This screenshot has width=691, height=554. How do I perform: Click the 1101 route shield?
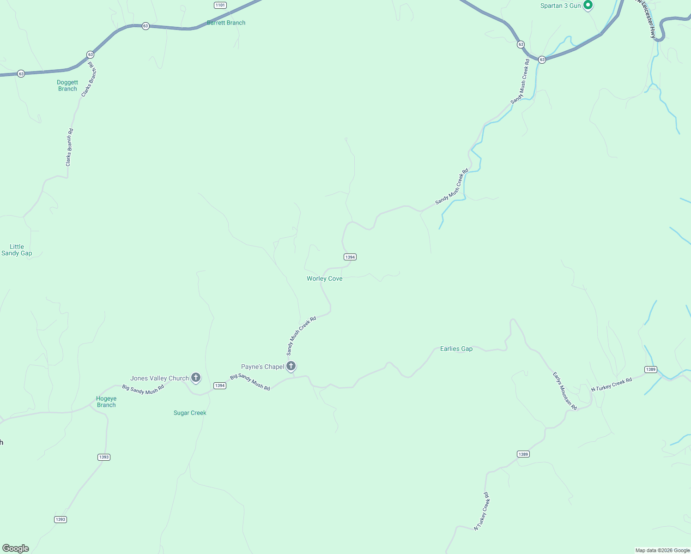[x=220, y=5]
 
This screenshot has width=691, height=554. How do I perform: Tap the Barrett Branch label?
[x=226, y=23]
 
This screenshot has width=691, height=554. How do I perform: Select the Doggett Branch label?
[x=67, y=85]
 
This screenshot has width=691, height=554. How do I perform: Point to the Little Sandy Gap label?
[x=17, y=250]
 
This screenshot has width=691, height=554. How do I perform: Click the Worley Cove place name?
[x=325, y=279]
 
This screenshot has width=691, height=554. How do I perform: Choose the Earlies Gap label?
[x=456, y=349]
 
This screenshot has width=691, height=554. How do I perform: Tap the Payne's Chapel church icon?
[x=291, y=367]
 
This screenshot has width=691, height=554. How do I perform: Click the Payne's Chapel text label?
[x=262, y=367]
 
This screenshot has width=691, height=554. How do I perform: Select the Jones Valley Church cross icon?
[x=196, y=378]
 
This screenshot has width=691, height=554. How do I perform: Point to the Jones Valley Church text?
[x=159, y=379]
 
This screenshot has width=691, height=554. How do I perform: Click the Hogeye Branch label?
[x=106, y=402]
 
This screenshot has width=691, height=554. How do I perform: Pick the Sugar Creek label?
[x=190, y=413]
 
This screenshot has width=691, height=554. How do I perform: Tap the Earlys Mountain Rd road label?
[x=565, y=391]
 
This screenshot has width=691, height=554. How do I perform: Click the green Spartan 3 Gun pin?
[x=588, y=6]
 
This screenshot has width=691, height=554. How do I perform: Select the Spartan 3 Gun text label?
[x=560, y=6]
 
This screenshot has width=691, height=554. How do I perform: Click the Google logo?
[x=16, y=548]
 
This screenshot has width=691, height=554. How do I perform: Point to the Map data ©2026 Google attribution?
[x=662, y=550]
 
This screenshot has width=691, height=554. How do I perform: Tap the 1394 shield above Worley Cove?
[x=350, y=257]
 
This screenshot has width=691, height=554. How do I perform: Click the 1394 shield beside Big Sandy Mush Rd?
[x=220, y=385]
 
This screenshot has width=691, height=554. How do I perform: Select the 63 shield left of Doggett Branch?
[x=21, y=74]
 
